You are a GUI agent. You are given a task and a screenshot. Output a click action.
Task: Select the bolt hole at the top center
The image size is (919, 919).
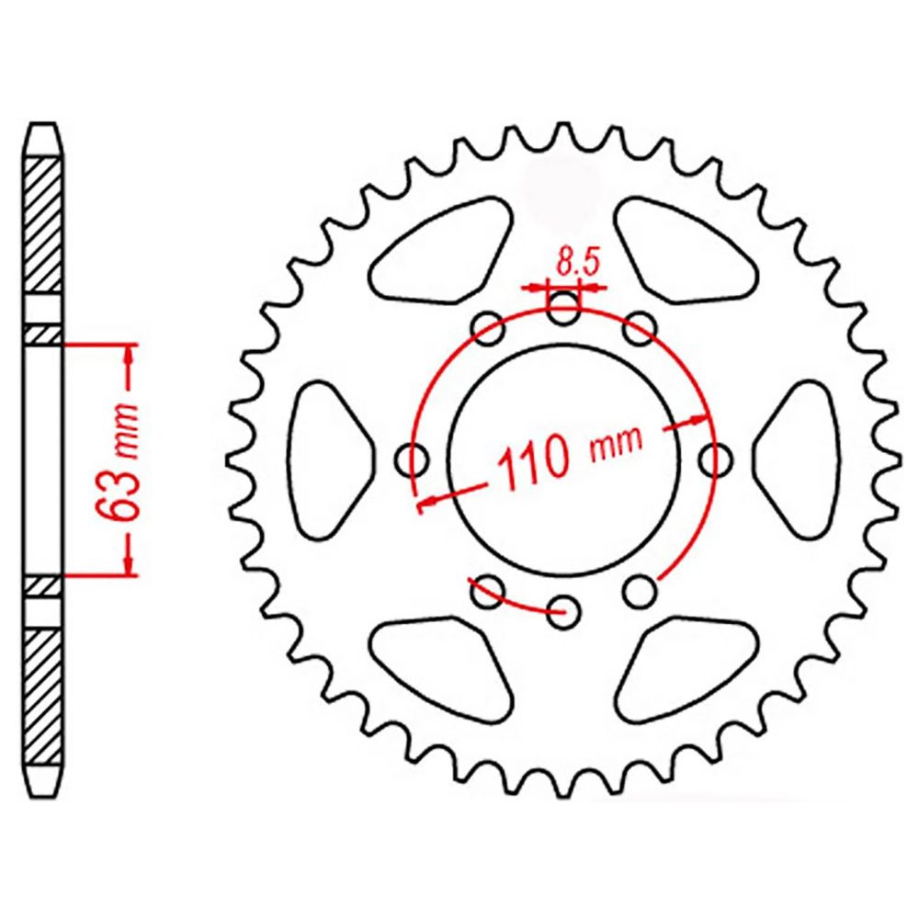pyautogui.click(x=562, y=309)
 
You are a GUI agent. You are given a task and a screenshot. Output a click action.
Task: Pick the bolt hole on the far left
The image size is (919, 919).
pyautogui.click(x=412, y=460)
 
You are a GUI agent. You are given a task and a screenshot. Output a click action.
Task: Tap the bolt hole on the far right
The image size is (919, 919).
pyautogui.click(x=716, y=459)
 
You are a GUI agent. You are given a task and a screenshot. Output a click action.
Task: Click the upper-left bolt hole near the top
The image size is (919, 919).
pyautogui.click(x=488, y=328)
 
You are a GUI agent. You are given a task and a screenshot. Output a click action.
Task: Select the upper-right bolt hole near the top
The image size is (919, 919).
pyautogui.click(x=640, y=328)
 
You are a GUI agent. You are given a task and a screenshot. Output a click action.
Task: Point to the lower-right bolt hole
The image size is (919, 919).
pyautogui.click(x=640, y=591)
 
